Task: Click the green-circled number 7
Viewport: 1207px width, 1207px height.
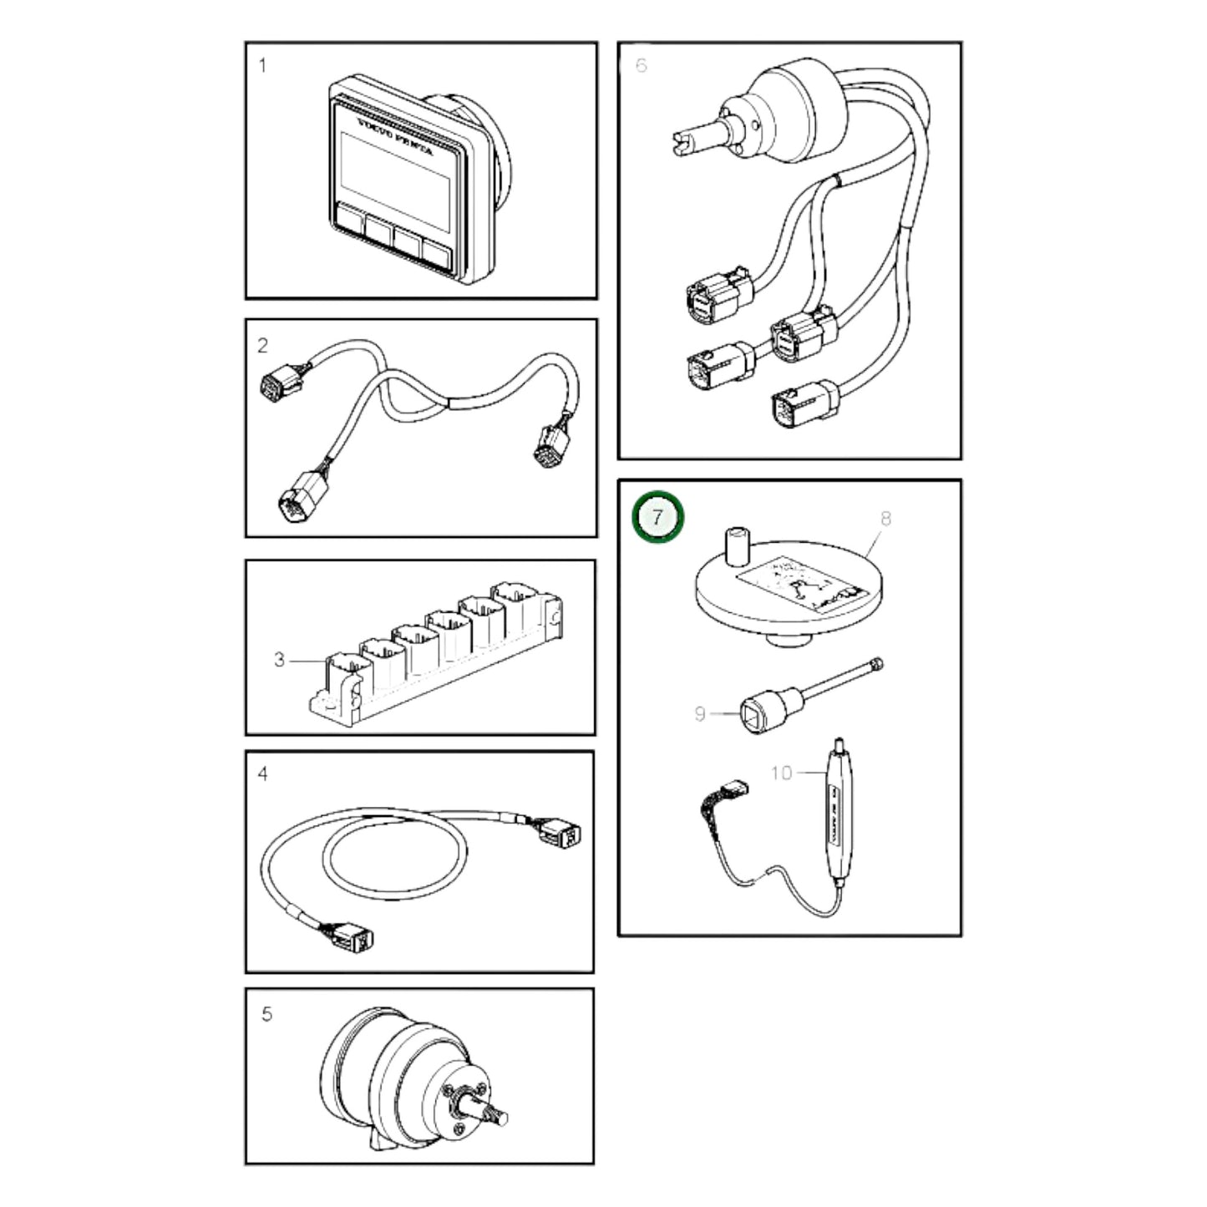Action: pos(657,517)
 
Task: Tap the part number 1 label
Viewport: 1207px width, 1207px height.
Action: pos(263,65)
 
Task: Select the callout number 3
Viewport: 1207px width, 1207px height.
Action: pos(279,660)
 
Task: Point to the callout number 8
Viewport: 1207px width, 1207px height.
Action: pos(885,518)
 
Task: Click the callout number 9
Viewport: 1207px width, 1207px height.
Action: pos(700,714)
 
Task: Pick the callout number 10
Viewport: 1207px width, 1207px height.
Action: pos(781,773)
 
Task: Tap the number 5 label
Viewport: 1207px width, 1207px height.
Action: pos(266,1014)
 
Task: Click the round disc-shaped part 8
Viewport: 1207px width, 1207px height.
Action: pos(788,595)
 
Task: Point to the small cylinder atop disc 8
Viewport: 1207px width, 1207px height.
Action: pos(737,545)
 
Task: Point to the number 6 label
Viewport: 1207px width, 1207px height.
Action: pos(642,65)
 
